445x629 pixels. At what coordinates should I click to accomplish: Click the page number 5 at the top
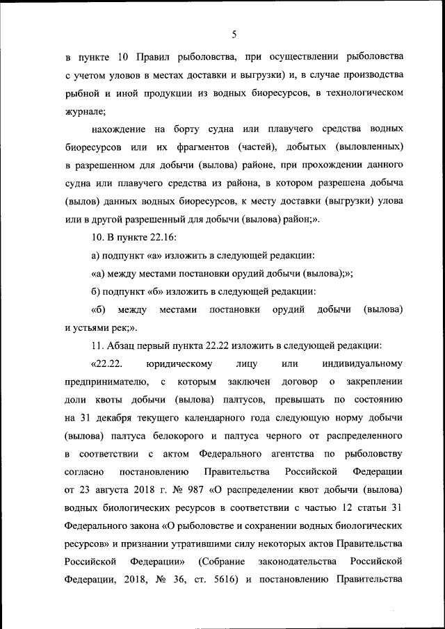coord(235,33)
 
